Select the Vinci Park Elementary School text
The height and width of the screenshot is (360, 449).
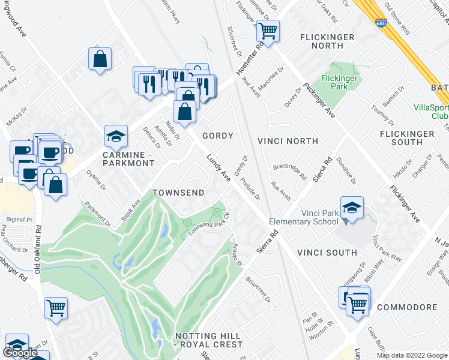304,217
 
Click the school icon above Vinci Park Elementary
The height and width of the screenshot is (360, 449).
351,208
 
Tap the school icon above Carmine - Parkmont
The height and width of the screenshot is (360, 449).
116,136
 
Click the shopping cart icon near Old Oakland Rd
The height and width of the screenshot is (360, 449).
56,308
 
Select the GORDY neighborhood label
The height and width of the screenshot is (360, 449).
217,136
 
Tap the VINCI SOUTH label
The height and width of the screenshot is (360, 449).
327,253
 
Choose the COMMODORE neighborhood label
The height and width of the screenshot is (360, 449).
407,307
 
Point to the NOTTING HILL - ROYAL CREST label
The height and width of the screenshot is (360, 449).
208,340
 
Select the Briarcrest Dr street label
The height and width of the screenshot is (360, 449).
259,290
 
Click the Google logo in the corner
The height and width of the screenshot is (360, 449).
20,353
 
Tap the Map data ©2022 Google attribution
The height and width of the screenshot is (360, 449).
412,355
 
